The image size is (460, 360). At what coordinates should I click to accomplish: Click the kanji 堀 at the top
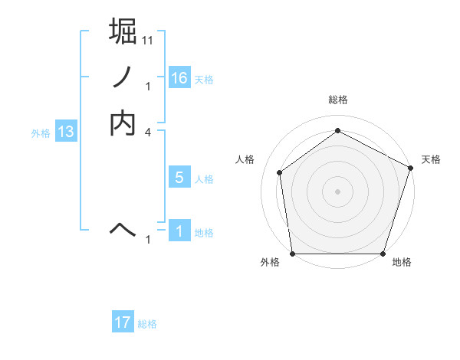(123, 31)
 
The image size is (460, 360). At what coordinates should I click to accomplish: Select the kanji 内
(123, 123)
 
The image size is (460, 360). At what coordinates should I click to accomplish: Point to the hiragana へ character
(123, 227)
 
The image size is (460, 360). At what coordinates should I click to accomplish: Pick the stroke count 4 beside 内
(147, 133)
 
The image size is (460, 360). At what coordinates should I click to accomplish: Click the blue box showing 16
(179, 77)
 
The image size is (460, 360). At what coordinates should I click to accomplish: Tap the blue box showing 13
(66, 133)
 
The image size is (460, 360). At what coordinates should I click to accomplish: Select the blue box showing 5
(179, 178)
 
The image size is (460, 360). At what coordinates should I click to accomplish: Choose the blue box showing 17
(123, 322)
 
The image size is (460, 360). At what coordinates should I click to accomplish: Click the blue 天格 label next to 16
(204, 80)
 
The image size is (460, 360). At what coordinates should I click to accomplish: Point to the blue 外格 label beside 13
(41, 133)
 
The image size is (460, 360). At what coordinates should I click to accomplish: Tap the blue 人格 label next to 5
(204, 179)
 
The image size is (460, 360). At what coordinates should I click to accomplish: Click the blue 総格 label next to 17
(147, 324)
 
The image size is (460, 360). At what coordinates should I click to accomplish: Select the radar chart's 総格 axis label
(337, 100)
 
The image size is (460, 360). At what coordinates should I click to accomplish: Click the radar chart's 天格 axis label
(431, 159)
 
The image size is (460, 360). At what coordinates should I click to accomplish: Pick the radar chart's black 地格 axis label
(402, 263)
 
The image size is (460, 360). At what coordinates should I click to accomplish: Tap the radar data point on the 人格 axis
(280, 172)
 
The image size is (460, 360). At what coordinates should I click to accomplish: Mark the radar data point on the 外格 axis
(292, 254)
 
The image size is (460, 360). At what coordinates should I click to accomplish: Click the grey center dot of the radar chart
(337, 191)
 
